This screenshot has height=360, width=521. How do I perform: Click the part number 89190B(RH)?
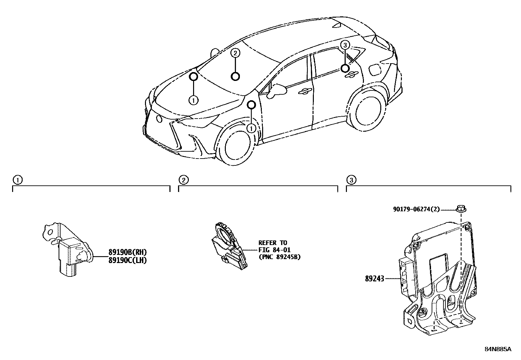pyautogui.click(x=127, y=252)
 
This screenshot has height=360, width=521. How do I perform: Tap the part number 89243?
pyautogui.click(x=375, y=279)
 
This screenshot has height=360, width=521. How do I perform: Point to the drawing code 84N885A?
pyautogui.click(x=497, y=349)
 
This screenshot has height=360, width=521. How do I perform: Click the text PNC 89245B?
pyautogui.click(x=279, y=257)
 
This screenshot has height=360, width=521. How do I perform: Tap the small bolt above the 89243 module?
pyautogui.click(x=461, y=208)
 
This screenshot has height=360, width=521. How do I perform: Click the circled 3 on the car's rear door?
pyautogui.click(x=345, y=45)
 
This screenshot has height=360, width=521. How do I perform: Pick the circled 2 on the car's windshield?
pyautogui.click(x=235, y=53)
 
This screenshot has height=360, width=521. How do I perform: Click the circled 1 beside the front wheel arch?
pyautogui.click(x=251, y=128)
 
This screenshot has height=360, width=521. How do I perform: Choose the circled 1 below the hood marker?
pyautogui.click(x=193, y=100)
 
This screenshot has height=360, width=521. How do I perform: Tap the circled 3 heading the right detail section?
pyautogui.click(x=351, y=180)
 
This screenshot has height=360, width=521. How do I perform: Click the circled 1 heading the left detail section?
pyautogui.click(x=17, y=180)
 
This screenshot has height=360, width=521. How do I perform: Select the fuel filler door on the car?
pyautogui.click(x=374, y=69)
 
